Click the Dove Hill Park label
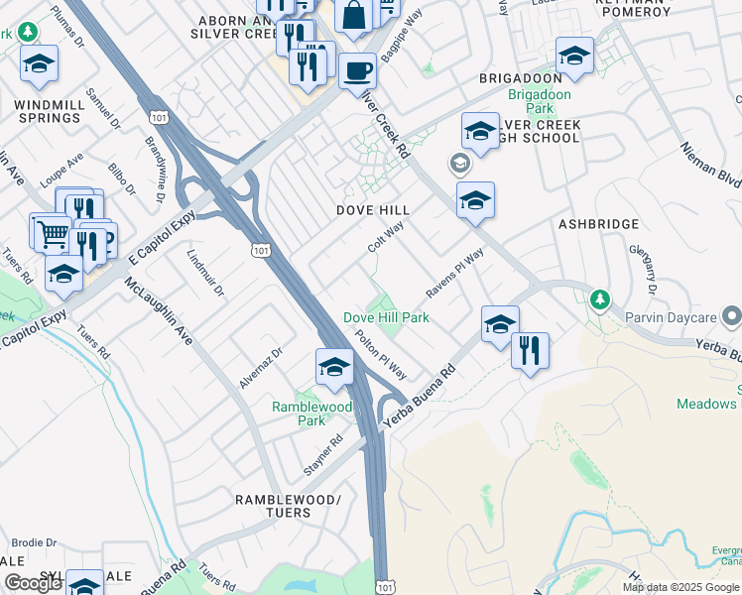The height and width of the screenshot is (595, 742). (386, 317)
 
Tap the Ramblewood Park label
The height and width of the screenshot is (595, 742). (312, 414)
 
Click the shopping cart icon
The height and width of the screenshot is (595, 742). (51, 234)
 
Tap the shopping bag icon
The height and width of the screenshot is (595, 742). (353, 16)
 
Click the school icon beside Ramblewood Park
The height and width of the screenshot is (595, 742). (334, 368)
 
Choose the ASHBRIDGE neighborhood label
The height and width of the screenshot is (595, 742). (598, 224)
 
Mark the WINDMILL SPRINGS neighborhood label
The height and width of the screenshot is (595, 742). (48, 111)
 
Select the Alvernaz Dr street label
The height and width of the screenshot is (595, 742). (262, 367)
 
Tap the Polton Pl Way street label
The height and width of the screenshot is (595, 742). (381, 354)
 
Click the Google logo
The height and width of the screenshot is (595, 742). (33, 583)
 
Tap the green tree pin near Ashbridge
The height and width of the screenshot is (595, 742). (599, 298)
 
